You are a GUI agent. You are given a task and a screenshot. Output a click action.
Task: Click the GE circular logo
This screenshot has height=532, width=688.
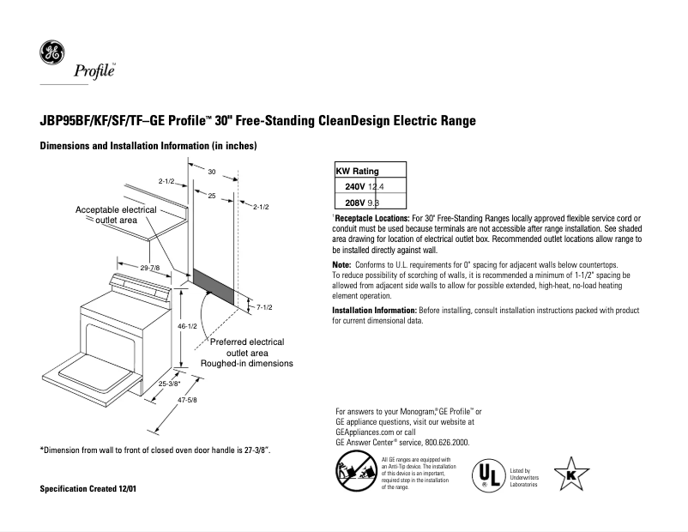click(x=51, y=54)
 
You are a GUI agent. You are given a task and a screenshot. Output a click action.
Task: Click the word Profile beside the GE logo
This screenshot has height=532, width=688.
click(x=94, y=70)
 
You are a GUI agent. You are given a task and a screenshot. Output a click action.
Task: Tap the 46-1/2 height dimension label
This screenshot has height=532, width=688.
click(x=189, y=327)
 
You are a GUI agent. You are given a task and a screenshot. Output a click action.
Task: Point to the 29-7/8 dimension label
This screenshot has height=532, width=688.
click(x=149, y=269)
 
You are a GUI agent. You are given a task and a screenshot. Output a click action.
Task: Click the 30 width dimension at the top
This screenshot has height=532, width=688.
click(x=211, y=172)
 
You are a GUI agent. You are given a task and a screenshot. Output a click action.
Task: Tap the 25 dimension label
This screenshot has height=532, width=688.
click(x=212, y=196)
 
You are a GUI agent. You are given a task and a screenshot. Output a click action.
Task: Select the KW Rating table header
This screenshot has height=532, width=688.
click(x=357, y=172)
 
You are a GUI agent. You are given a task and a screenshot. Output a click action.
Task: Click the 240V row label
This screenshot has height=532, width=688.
click(x=354, y=187)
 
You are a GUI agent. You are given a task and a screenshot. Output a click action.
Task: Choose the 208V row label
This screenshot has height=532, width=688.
click(x=354, y=203)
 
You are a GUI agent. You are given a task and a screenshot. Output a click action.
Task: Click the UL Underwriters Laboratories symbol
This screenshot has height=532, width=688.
click(x=487, y=475)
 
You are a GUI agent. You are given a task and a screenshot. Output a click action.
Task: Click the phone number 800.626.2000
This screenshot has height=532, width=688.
click(x=448, y=443)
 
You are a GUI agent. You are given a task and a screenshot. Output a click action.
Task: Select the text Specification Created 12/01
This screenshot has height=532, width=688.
click(x=88, y=489)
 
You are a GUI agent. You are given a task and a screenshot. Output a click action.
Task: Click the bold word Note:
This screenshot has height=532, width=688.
click(x=341, y=264)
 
